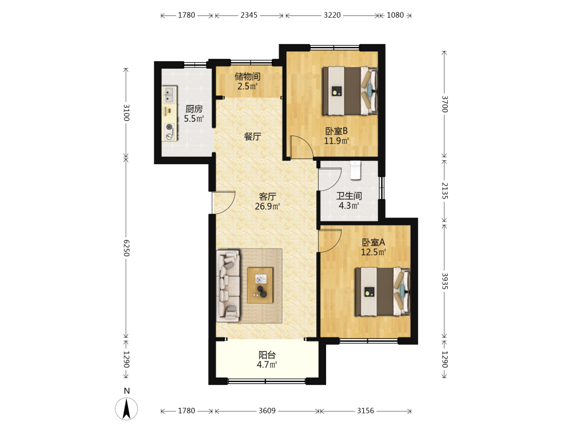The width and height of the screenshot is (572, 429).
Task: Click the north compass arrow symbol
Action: click(x=126, y=409)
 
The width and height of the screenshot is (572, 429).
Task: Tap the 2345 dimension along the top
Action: click(x=249, y=15)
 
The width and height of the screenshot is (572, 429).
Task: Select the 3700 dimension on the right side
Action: click(x=444, y=104)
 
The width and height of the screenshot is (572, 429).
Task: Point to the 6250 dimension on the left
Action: click(x=126, y=248)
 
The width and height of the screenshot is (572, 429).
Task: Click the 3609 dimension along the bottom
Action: click(x=267, y=411)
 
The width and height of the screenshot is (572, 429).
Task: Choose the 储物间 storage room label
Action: click(x=247, y=77)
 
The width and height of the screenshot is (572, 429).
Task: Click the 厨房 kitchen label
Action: click(x=194, y=109)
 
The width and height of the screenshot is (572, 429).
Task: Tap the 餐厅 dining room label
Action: click(x=252, y=137)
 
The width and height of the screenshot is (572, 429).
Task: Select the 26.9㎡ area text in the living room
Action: click(x=267, y=206)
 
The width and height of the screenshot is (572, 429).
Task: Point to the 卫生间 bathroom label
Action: click(x=349, y=196)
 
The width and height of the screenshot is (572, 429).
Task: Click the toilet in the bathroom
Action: click(x=355, y=170)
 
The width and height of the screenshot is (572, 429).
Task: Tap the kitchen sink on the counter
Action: click(x=169, y=94)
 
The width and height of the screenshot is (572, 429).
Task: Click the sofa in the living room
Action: click(x=228, y=286)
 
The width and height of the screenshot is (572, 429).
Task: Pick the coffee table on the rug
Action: click(x=260, y=285)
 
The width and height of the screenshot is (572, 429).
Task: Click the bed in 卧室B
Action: click(x=349, y=91)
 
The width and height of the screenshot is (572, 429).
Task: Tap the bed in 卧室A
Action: click(x=383, y=292)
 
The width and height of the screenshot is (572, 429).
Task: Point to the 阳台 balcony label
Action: click(x=267, y=355)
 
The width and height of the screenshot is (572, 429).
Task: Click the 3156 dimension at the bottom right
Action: click(x=366, y=411)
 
